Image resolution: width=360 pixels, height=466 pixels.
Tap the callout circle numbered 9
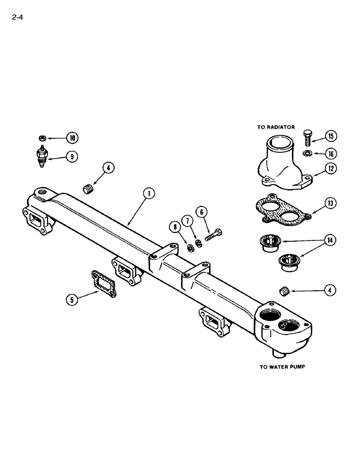[x=71, y=157]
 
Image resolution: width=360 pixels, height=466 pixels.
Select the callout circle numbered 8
[x=176, y=228]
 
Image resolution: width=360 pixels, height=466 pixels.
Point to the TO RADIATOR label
[x=276, y=127]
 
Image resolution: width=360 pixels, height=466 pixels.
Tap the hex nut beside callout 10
[x=42, y=138]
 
